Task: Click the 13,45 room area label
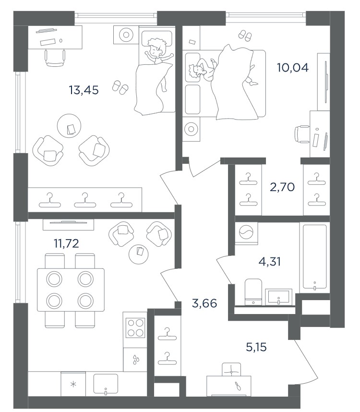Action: point(84,90)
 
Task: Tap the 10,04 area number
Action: point(292,68)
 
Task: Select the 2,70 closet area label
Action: point(282,187)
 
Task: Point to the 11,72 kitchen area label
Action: point(66,243)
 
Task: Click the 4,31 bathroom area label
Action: point(270,262)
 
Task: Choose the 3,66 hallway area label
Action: point(204,304)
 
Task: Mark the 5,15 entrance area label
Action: point(256,347)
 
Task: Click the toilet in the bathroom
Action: point(253,292)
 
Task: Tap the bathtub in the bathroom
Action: point(314,256)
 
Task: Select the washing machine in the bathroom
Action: point(246,233)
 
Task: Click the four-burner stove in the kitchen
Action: point(135,327)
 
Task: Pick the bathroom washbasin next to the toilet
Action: point(278,297)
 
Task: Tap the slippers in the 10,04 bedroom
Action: point(245,35)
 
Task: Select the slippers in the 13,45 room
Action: point(120,87)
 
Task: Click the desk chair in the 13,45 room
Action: point(55,58)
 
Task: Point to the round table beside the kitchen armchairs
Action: point(139,254)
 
